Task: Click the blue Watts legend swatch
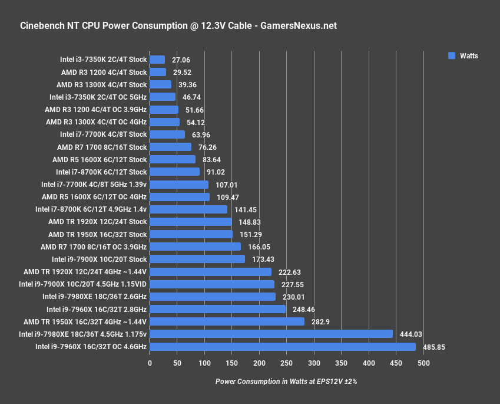(452, 55)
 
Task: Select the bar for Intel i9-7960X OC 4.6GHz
(283, 347)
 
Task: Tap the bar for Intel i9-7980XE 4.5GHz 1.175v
(271, 334)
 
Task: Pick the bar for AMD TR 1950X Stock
(191, 234)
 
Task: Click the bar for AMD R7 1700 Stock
(170, 147)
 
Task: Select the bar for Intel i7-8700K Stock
(174, 172)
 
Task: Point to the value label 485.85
(433, 347)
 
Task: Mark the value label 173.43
(260, 260)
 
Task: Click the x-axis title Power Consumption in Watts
(286, 382)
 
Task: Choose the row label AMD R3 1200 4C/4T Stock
(104, 72)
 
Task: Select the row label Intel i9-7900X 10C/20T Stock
(99, 259)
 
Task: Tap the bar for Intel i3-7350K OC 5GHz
(163, 97)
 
